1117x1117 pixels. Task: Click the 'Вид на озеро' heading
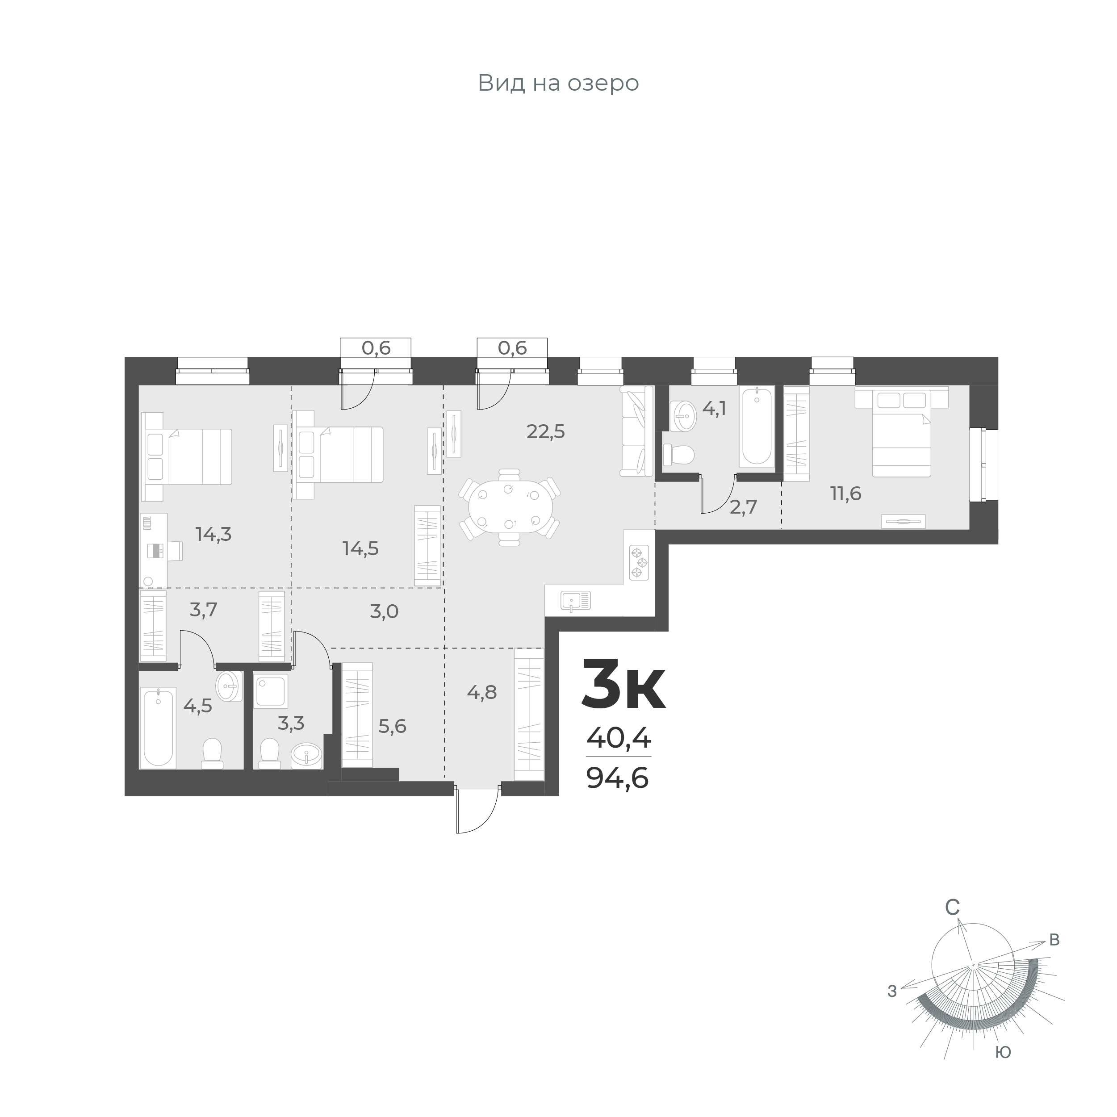pos(558,83)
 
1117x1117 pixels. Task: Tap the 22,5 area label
pos(545,431)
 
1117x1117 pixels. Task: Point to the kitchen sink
pos(575,601)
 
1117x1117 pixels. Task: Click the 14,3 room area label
pos(213,534)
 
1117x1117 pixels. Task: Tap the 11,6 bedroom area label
pos(846,494)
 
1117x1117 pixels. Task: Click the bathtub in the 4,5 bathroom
pos(158,727)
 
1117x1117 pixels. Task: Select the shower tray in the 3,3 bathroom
pos(271,691)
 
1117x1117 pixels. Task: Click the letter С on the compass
pos(952,924)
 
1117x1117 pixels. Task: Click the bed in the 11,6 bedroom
pos(901,434)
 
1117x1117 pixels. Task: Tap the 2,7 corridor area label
pos(743,507)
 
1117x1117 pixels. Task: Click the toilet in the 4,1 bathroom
pos(678,454)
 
